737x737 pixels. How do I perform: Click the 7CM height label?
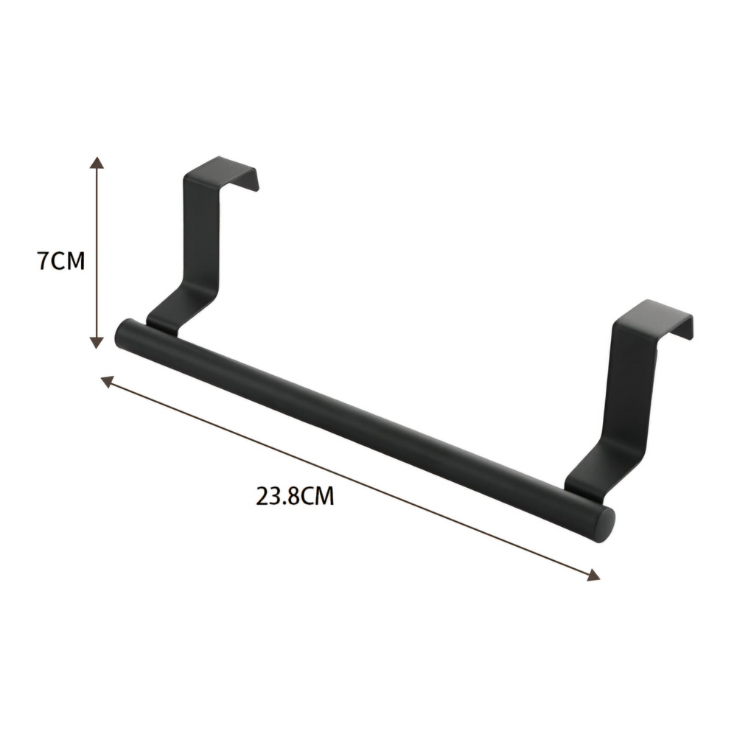click(61, 261)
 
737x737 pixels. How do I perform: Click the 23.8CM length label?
click(295, 496)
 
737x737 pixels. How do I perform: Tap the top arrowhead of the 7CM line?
click(97, 163)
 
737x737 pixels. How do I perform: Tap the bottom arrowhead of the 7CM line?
click(97, 343)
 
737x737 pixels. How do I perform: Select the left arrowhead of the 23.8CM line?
click(108, 381)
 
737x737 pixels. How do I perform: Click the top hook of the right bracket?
click(653, 316)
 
